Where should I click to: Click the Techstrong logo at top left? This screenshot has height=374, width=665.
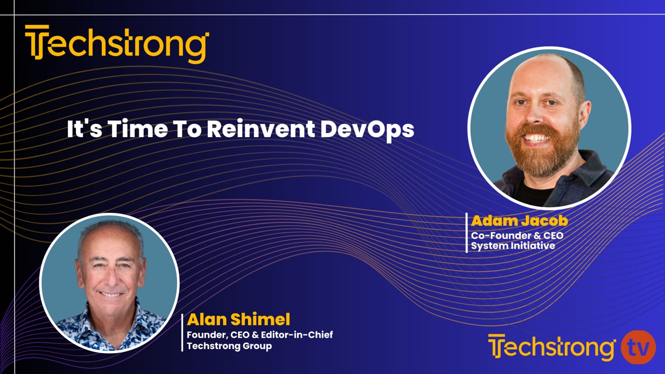[117, 44]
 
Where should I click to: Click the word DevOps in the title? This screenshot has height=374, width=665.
[367, 129]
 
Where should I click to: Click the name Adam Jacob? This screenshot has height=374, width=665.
[519, 221]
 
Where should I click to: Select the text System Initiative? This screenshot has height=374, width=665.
[513, 246]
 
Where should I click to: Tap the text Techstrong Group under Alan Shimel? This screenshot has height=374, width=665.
[229, 346]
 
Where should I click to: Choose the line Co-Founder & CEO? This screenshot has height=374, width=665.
[517, 235]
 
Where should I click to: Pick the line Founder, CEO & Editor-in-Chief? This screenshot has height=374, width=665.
[260, 335]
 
